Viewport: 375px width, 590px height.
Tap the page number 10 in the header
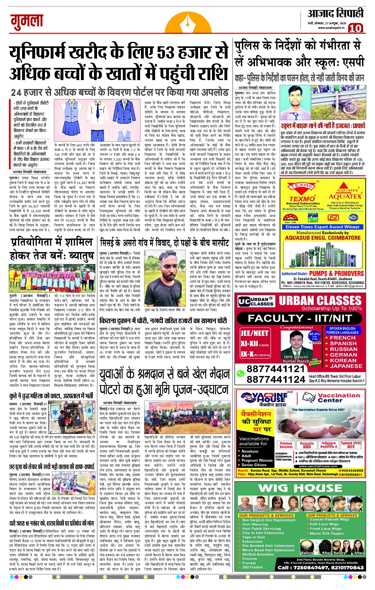355,28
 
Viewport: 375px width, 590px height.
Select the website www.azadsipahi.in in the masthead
331,28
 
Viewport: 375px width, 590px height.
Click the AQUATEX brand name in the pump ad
345,196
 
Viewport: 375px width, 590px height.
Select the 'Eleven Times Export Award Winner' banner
322,227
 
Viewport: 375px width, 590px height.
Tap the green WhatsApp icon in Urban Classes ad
240,373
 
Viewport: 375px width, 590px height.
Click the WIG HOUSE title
300,488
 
